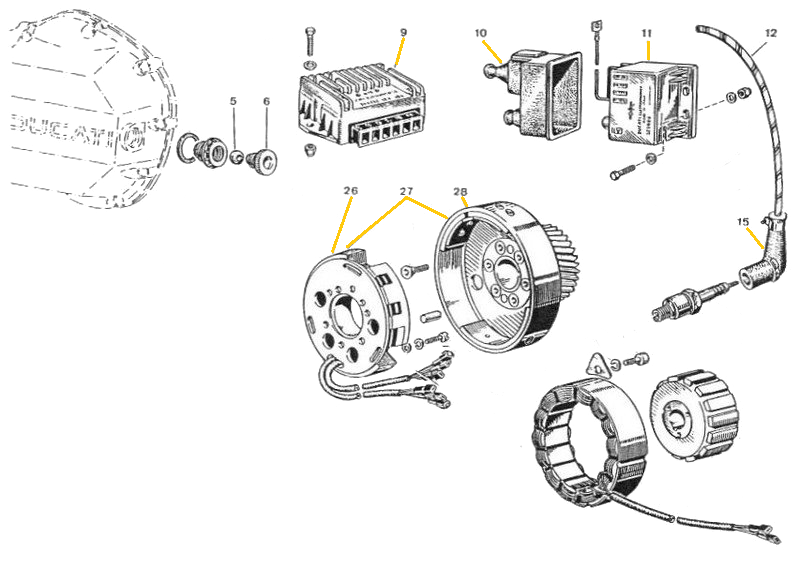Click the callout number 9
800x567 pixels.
403,32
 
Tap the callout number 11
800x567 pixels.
647,32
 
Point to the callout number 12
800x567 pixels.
770,33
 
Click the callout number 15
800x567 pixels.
742,222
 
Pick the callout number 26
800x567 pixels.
350,190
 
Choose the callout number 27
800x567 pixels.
406,190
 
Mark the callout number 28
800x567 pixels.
460,190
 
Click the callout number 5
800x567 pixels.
233,102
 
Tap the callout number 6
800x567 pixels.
266,102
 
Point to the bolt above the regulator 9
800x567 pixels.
310,42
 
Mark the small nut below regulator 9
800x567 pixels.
310,150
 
